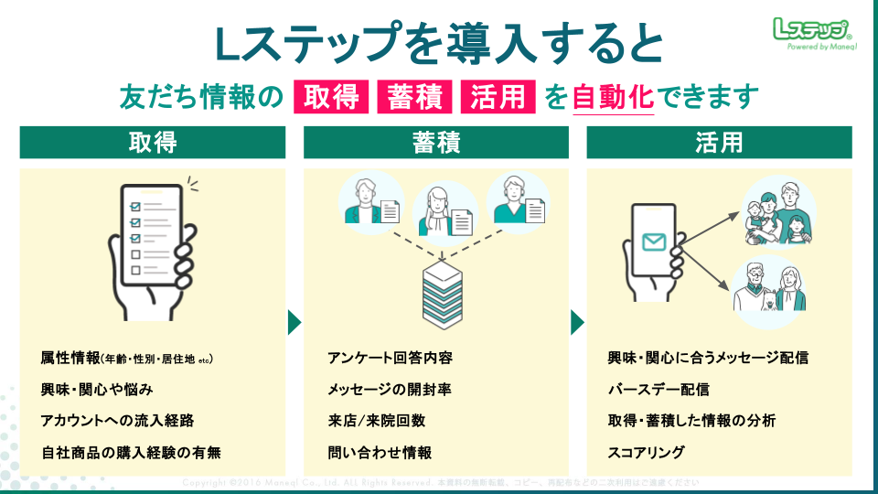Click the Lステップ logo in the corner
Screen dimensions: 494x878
click(x=812, y=34)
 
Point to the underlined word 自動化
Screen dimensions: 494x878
click(x=613, y=96)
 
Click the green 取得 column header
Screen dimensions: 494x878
click(x=153, y=143)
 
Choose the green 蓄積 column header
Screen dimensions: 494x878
click(x=436, y=143)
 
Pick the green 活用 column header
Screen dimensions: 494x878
click(x=719, y=143)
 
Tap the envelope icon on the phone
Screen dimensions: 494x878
click(x=653, y=242)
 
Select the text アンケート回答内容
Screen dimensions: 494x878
click(x=391, y=358)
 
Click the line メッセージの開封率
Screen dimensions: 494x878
click(x=390, y=390)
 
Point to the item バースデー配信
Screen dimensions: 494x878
click(x=658, y=390)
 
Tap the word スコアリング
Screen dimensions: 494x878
click(x=647, y=453)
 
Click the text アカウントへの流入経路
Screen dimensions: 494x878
click(x=117, y=421)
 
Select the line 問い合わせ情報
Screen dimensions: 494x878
click(x=380, y=453)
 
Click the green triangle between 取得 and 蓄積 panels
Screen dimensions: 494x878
click(x=294, y=323)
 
